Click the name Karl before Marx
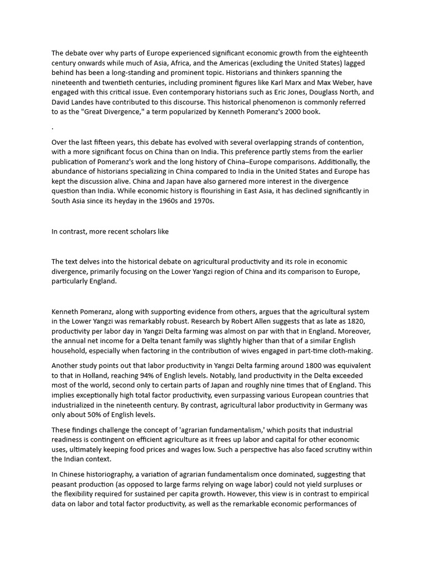(x=296, y=83)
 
